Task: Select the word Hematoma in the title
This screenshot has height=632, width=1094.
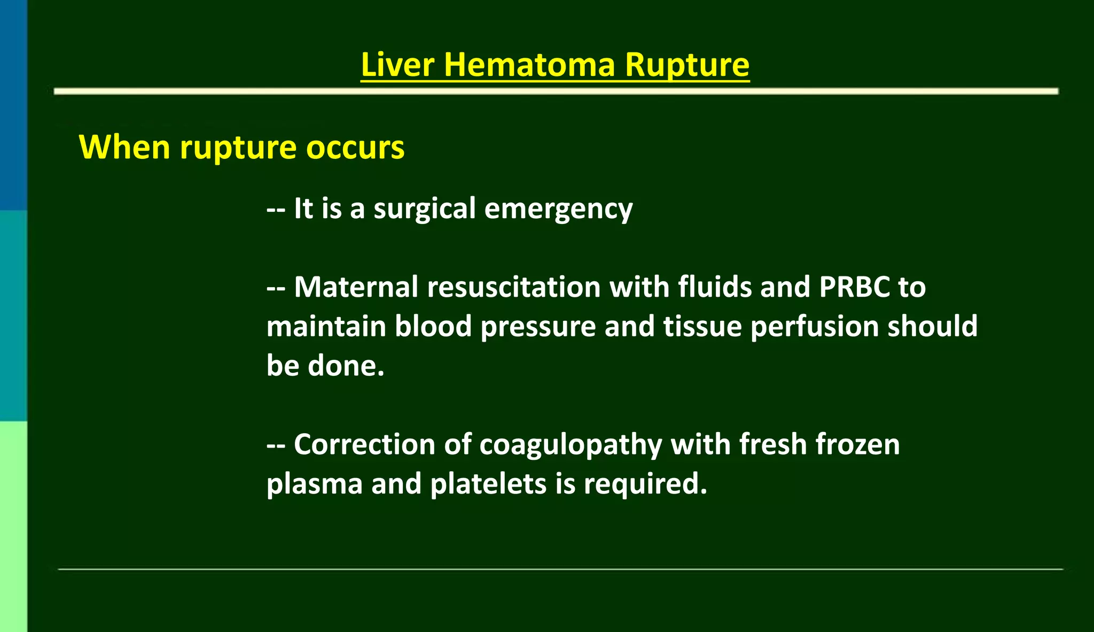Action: point(529,65)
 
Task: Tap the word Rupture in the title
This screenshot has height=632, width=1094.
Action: point(687,65)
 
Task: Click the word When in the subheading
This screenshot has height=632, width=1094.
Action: point(124,147)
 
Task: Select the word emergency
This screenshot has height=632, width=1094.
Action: point(558,209)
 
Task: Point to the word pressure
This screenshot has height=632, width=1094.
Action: point(538,327)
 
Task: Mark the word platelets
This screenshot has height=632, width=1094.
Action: point(488,484)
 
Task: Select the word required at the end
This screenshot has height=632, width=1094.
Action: point(645,484)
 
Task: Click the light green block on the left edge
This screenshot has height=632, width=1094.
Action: point(13,526)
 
